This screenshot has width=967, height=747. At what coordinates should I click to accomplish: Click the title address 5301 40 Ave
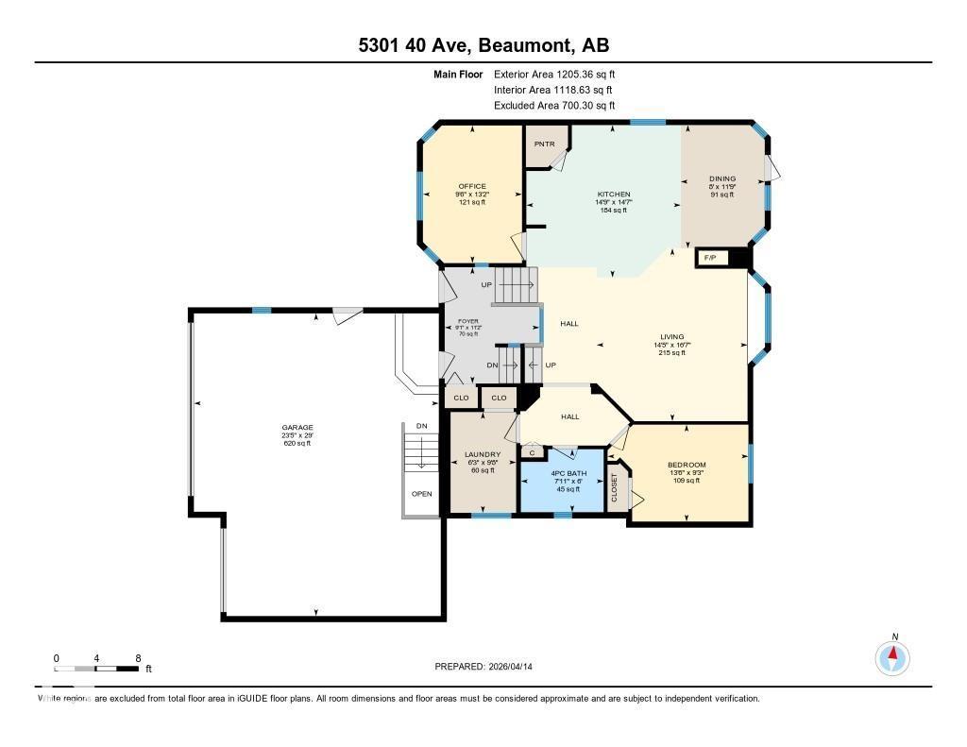click(x=483, y=45)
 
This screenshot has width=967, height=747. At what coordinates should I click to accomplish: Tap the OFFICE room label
click(x=471, y=186)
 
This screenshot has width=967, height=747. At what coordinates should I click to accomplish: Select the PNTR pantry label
click(x=544, y=144)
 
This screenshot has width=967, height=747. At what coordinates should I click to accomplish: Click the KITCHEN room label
click(x=613, y=195)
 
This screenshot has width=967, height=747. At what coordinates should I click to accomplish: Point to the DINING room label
click(x=722, y=178)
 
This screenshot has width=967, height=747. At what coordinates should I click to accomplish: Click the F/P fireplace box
click(x=711, y=258)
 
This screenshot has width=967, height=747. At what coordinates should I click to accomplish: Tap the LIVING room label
click(x=671, y=336)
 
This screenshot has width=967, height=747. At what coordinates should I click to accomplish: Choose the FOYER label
click(x=468, y=320)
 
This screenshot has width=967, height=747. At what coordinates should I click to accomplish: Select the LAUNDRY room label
click(x=483, y=454)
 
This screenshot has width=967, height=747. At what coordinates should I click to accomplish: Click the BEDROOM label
click(x=687, y=464)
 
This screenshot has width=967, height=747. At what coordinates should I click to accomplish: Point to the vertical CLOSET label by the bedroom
click(x=616, y=488)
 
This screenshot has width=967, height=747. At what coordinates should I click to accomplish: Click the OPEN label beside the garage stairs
click(x=421, y=493)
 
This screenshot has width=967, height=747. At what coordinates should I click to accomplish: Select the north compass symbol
click(x=892, y=655)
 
